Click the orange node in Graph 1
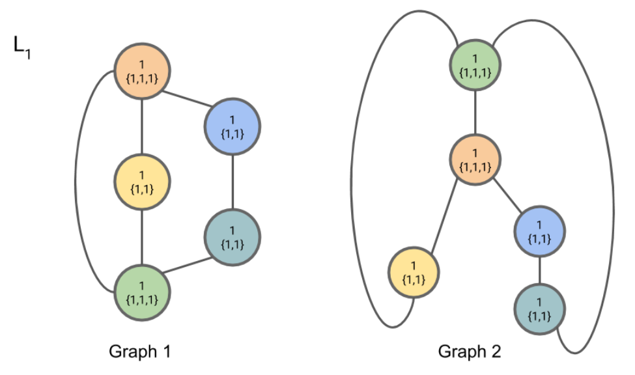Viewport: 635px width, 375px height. [142, 72]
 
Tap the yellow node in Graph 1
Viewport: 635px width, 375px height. [142, 181]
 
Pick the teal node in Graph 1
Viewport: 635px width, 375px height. [233, 236]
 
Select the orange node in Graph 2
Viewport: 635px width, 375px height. [475, 160]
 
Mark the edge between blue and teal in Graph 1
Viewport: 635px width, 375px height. [233, 182]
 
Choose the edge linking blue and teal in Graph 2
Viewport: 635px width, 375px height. [539, 270]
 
